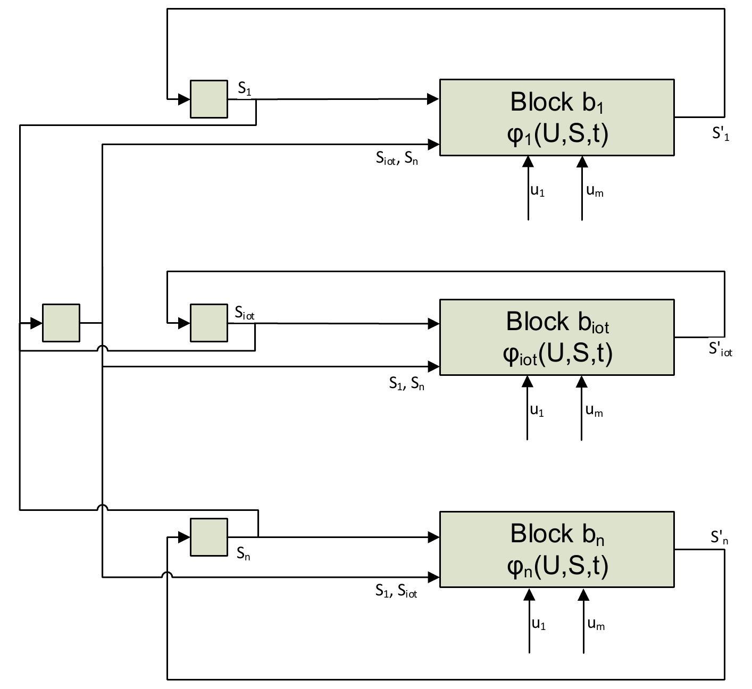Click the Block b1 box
(557, 117)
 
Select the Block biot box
(557, 337)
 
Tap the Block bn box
(557, 549)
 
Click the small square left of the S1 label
(209, 99)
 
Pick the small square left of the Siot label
(209, 323)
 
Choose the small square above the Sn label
(209, 537)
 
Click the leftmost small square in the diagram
(61, 323)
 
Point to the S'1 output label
(721, 133)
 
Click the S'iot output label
(720, 349)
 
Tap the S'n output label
(719, 537)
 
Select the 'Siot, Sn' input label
(397, 158)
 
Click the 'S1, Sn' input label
(406, 383)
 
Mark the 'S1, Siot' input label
(396, 591)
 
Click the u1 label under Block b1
(538, 191)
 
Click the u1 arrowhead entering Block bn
(529, 594)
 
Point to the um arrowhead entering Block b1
(582, 162)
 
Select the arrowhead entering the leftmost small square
(36, 323)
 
